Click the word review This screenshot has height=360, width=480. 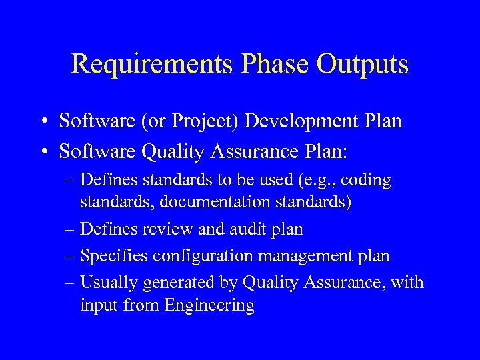(x=167, y=229)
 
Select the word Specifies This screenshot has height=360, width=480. (x=113, y=256)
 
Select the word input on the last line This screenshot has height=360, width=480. (x=97, y=306)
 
